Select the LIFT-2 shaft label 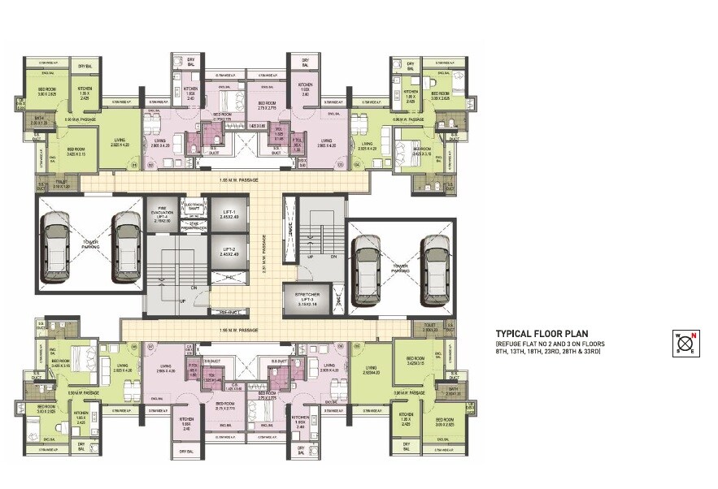click(228, 249)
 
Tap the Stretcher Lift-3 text click(304, 298)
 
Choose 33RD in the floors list click(590, 352)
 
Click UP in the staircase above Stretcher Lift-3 click(311, 256)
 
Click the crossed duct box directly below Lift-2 click(228, 278)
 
